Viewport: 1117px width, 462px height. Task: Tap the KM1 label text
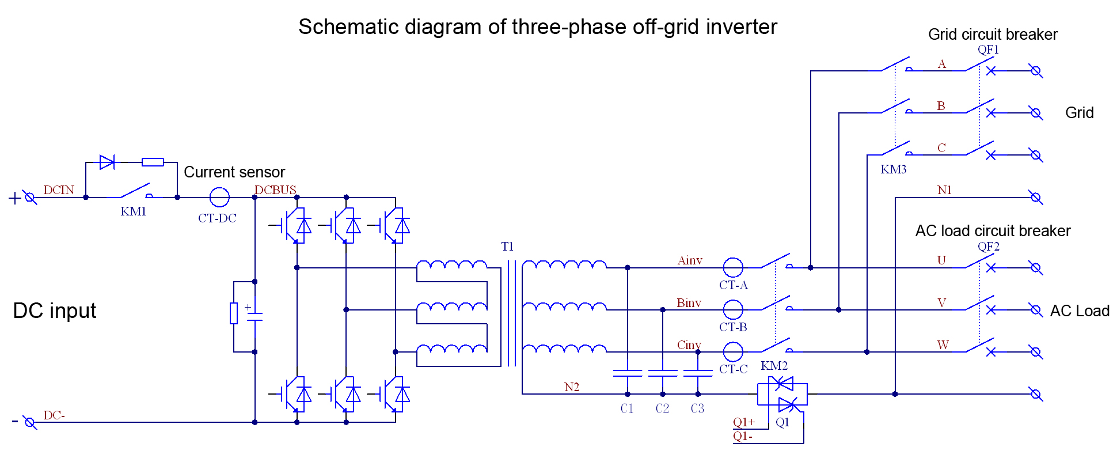point(133,211)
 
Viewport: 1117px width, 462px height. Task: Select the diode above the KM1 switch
point(107,162)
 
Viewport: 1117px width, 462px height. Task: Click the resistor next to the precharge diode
point(153,162)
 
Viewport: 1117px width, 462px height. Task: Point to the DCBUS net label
point(275,190)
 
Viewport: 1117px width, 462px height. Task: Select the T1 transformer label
point(507,247)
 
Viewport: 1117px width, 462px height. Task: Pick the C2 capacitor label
point(662,408)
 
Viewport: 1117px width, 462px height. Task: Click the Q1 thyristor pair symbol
point(782,395)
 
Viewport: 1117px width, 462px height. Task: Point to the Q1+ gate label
point(744,422)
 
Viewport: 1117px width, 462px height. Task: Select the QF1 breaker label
point(988,50)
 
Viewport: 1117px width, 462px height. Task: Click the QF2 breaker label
point(988,247)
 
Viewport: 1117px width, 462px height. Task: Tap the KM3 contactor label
point(894,169)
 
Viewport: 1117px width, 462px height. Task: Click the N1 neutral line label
point(944,190)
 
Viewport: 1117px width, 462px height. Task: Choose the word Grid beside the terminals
point(1080,113)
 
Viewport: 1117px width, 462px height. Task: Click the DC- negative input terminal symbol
point(30,423)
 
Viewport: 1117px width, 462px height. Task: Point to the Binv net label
point(689,303)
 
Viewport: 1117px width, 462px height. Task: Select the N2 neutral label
point(572,387)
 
